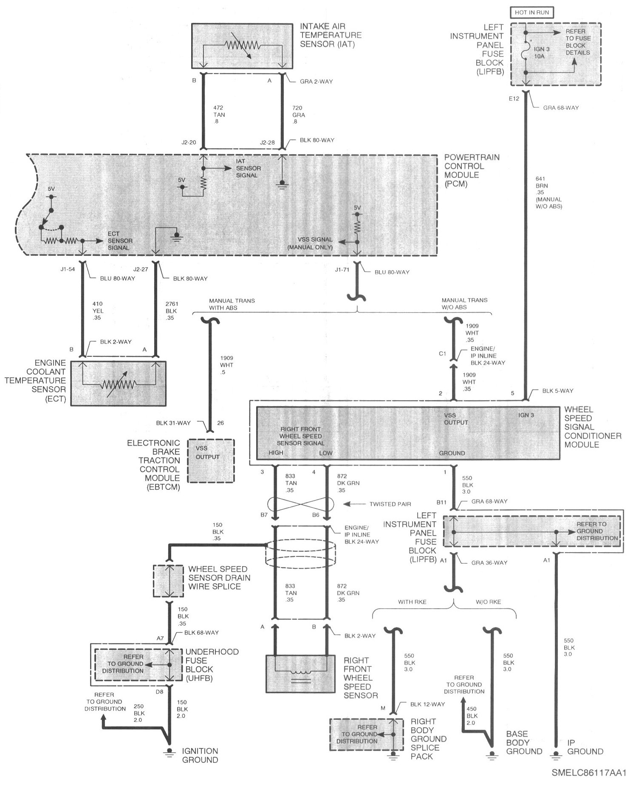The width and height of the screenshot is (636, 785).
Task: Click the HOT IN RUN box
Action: coord(532,12)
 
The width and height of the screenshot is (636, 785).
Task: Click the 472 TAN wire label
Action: coord(219,115)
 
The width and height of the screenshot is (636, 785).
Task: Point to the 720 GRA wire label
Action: coord(299,115)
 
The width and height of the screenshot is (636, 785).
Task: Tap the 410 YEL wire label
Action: coord(98,311)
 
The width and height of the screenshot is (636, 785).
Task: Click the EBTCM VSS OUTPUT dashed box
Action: coord(211,460)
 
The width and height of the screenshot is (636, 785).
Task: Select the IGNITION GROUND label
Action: coord(200,755)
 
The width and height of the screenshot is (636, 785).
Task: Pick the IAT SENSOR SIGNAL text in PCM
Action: coord(249,168)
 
